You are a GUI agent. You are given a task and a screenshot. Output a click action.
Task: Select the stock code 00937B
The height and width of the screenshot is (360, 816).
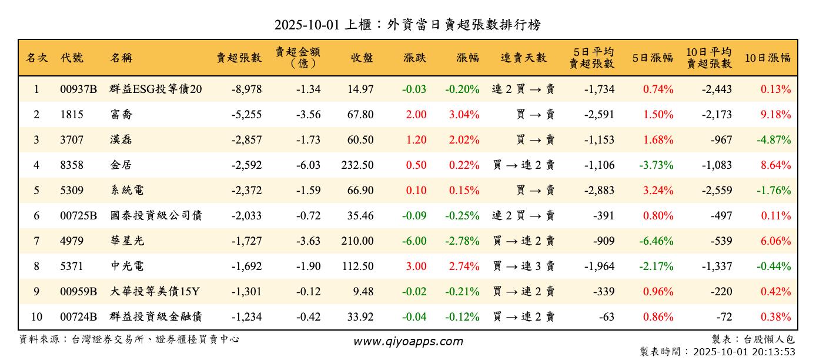coord(78,89)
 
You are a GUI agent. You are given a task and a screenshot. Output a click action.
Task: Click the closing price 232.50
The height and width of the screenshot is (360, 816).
coord(357,165)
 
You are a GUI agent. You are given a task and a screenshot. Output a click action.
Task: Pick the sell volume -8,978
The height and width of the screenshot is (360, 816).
coord(246,89)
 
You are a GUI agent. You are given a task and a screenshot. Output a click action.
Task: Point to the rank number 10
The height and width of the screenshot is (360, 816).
coord(36,317)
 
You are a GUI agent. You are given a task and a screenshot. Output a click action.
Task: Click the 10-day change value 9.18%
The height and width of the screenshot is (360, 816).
coord(775,115)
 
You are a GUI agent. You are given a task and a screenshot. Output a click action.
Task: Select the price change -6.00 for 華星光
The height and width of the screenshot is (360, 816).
coord(414,241)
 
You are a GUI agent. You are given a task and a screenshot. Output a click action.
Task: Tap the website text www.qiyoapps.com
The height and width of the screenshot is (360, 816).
coord(408,342)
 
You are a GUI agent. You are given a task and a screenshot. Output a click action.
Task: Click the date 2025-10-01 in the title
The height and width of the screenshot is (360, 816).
coord(307,25)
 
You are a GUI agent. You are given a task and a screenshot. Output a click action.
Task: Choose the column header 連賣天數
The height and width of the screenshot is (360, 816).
coord(523,58)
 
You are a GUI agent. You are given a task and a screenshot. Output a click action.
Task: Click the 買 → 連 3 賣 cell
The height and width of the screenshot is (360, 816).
coord(523,266)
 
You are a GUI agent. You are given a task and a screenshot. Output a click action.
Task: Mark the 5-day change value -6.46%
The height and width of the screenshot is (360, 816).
coord(657,241)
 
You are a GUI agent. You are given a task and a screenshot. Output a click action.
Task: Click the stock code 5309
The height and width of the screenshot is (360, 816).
coord(72,191)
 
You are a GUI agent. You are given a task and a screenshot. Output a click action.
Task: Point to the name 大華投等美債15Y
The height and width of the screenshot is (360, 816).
coord(155,292)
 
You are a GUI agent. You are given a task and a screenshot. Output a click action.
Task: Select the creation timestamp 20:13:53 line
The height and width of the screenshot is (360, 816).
coord(717,352)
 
